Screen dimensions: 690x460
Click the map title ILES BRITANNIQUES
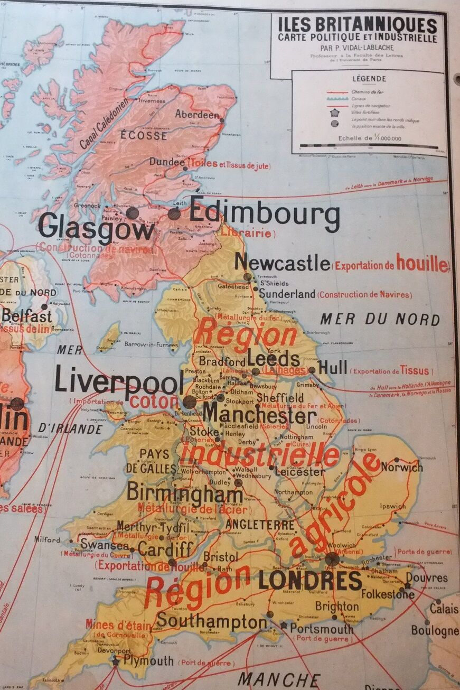pyautogui.click(x=358, y=25)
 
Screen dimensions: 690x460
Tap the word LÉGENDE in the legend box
pyautogui.click(x=369, y=79)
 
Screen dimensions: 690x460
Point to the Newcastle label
pyautogui.click(x=282, y=262)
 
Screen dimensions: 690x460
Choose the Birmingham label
pyautogui.click(x=184, y=493)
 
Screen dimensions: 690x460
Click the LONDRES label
pyautogui.click(x=310, y=581)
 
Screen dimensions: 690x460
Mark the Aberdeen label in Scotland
pyautogui.click(x=196, y=115)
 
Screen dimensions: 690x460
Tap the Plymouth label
pyautogui.click(x=148, y=660)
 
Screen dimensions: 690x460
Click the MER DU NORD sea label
pyautogui.click(x=380, y=319)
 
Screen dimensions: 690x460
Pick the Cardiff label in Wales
pyautogui.click(x=165, y=549)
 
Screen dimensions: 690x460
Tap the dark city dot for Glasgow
pyautogui.click(x=132, y=213)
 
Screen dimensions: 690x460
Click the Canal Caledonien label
pyautogui.click(x=104, y=124)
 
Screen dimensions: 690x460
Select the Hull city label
pyautogui.click(x=332, y=367)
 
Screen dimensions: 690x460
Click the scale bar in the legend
pyautogui.click(x=368, y=146)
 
